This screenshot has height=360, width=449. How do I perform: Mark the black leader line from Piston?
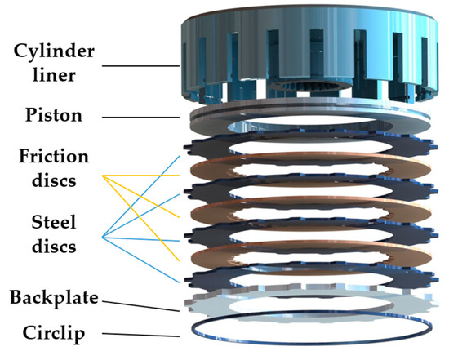point(147,117)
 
